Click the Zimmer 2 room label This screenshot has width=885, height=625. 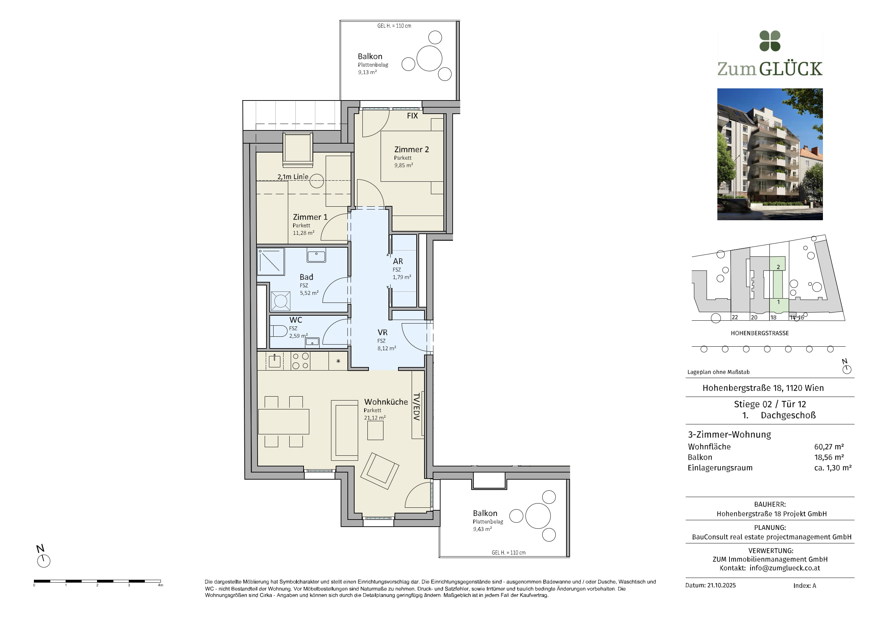click(x=411, y=149)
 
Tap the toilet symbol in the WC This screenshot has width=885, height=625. click(x=278, y=331)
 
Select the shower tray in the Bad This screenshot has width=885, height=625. click(x=271, y=262)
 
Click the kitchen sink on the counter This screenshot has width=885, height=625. click(x=274, y=361)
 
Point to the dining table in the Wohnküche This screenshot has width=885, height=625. click(x=284, y=422)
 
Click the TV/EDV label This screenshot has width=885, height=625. click(x=416, y=407)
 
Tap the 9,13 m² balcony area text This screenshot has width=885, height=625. click(x=367, y=72)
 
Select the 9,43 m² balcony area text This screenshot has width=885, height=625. click(x=482, y=529)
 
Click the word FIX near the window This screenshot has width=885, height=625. click(x=412, y=115)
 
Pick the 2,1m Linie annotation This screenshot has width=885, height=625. click(x=293, y=177)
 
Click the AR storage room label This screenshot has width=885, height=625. click(x=398, y=261)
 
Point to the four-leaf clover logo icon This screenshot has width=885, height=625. click(x=770, y=41)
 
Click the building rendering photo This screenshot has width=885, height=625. click(x=770, y=154)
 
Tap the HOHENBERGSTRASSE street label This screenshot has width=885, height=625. click(x=760, y=333)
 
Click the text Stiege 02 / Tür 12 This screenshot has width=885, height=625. click(x=770, y=404)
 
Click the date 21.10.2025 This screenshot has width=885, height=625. click(x=722, y=585)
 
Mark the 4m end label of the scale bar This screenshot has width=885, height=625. click(x=161, y=585)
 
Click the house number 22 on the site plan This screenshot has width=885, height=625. click(x=735, y=317)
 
